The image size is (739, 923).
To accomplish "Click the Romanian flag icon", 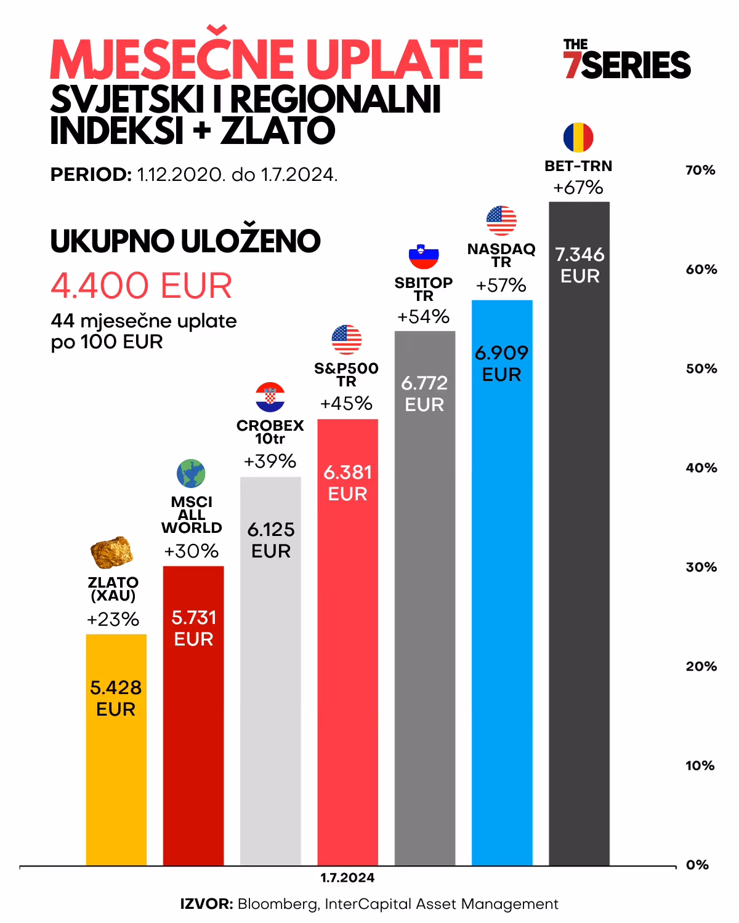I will coord(578,137).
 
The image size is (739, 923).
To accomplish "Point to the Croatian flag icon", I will coord(270,397).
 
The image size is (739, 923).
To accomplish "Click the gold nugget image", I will coord(111,552).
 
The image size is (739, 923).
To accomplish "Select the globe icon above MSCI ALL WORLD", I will coord(191,474).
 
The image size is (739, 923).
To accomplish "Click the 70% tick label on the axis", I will coord(701,170).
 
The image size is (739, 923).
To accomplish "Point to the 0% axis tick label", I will coord(698,865).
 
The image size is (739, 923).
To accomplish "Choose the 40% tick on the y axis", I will coord(701,468).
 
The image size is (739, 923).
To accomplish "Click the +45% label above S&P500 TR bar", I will coord(346,404).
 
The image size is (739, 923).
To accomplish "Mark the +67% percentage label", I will coord(578,188).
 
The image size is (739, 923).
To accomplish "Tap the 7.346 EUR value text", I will coord(579,265).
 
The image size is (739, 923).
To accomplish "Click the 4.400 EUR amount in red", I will coord(142,286).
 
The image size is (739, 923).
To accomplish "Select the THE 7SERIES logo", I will coord(627,60).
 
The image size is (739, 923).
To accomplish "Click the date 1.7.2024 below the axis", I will coord(347,878).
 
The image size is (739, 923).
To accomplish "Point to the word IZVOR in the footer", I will coord(206,904).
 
